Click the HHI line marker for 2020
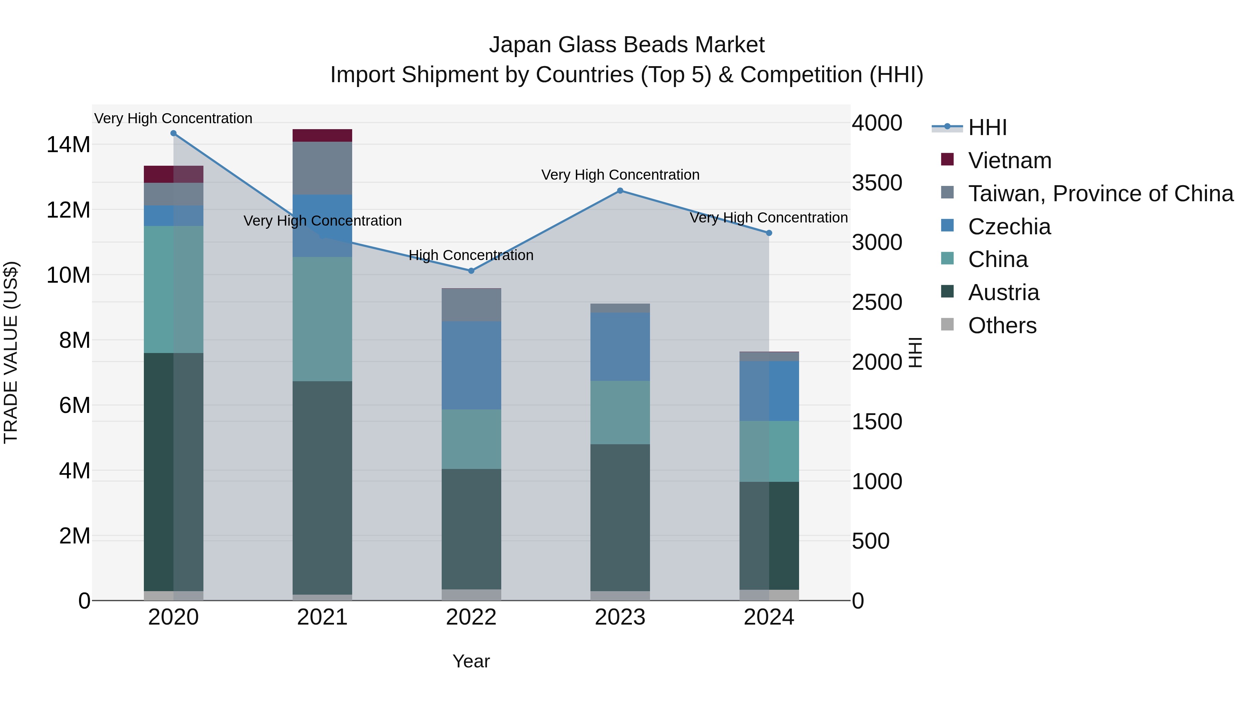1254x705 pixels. [x=173, y=133]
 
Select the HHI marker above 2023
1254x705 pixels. [x=620, y=191]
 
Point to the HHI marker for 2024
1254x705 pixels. [x=769, y=233]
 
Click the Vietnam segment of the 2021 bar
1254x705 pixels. [x=322, y=135]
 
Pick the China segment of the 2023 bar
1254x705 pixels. [x=620, y=412]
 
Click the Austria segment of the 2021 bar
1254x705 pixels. [x=322, y=487]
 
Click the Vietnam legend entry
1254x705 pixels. [x=1009, y=160]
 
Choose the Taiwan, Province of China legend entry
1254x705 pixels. [x=1100, y=194]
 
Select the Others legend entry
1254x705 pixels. [x=1002, y=326]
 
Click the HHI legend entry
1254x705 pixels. [x=987, y=127]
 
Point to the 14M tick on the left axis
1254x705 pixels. [x=68, y=145]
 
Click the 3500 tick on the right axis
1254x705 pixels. [x=877, y=183]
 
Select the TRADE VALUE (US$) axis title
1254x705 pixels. [x=11, y=352]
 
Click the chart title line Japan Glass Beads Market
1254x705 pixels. [x=627, y=45]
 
